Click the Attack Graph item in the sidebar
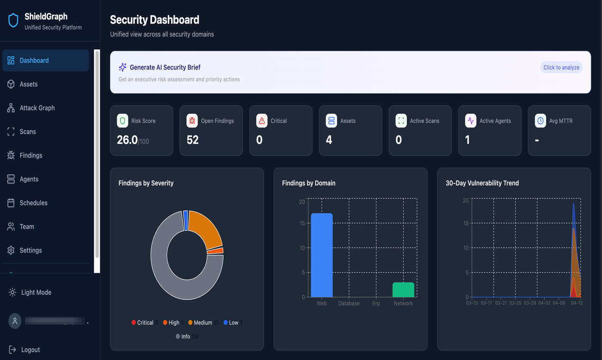click(x=37, y=108)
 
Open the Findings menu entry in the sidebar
click(x=31, y=155)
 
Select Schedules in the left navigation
click(x=33, y=203)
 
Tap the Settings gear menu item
click(x=30, y=250)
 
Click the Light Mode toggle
click(x=36, y=292)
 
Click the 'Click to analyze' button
click(x=561, y=67)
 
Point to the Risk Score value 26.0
click(x=127, y=140)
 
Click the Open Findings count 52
click(x=192, y=140)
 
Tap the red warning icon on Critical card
click(x=262, y=121)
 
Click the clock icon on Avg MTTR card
click(x=540, y=121)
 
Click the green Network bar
click(x=403, y=289)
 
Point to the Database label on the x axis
click(x=348, y=303)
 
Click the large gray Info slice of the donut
click(x=171, y=284)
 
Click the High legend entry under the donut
click(x=173, y=323)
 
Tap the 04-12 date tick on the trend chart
click(x=576, y=303)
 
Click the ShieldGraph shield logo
click(x=13, y=20)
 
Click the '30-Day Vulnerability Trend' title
click(x=482, y=183)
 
